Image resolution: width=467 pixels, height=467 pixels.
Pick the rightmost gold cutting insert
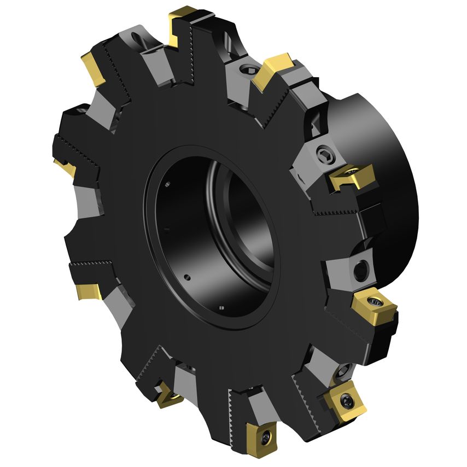point(375,307)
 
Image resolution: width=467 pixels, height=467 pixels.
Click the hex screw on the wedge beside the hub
point(324,155)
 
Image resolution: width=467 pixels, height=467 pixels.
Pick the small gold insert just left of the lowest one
point(167,395)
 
